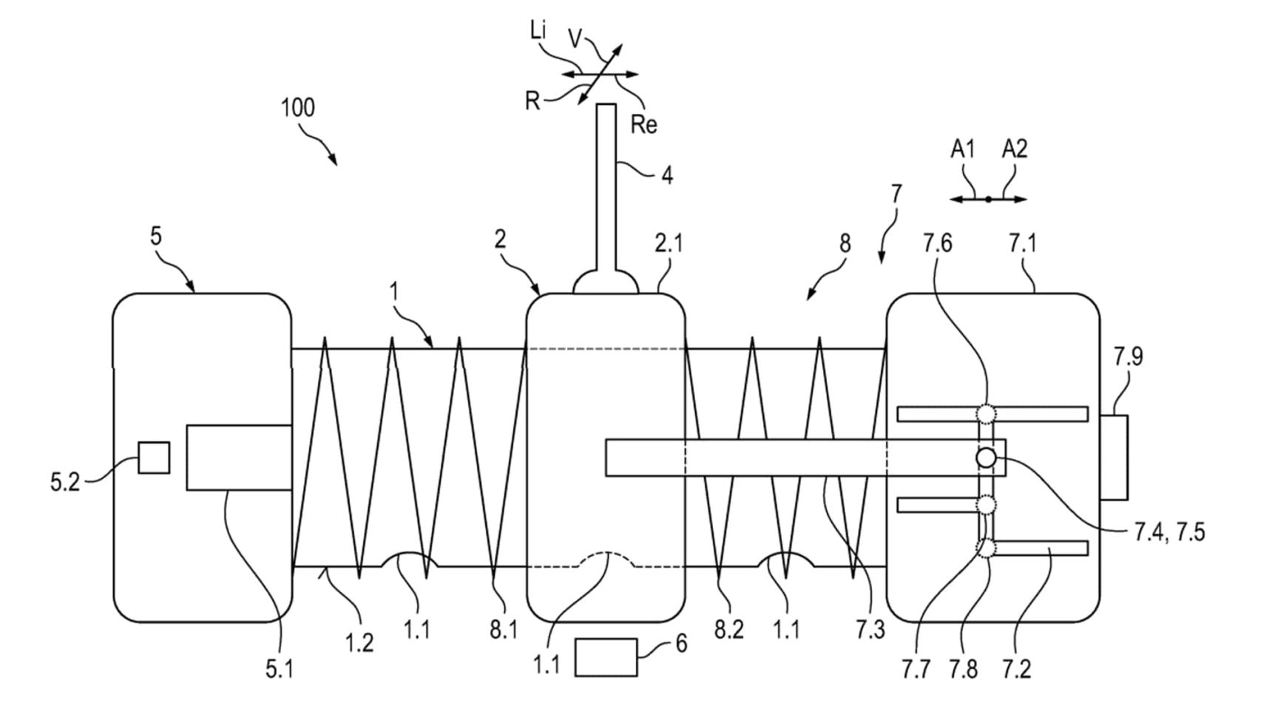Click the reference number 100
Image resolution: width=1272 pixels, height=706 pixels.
[298, 108]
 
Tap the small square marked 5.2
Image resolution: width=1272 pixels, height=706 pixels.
[154, 458]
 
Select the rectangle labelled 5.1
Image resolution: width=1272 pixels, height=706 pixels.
[238, 458]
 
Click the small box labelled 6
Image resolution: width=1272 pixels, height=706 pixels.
[606, 657]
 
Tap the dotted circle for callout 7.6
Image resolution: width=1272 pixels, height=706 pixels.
[987, 413]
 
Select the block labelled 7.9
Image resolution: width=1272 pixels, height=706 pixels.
[1114, 458]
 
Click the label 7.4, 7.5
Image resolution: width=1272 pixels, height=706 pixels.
[1169, 532]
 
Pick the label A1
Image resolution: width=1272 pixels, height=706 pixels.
[962, 150]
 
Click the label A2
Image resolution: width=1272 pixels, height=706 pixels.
[1015, 150]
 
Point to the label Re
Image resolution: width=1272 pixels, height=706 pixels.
[643, 124]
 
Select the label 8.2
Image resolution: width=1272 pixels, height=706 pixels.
[729, 629]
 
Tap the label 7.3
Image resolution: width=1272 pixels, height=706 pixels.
[870, 629]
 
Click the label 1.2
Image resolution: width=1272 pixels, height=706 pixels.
[359, 642]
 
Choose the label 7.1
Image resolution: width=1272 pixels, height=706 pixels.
[1023, 243]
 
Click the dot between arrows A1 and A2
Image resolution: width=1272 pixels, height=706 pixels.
[988, 199]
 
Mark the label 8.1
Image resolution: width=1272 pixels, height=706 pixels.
[503, 629]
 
